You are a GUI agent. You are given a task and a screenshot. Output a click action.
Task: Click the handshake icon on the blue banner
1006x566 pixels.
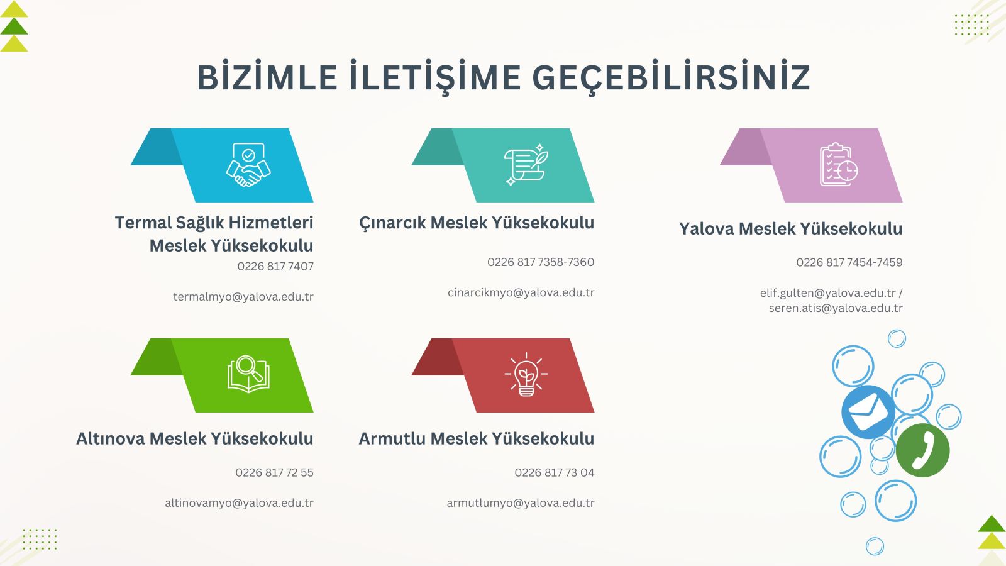coord(248,164)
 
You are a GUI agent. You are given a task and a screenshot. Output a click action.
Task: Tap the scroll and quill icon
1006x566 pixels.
coord(526,165)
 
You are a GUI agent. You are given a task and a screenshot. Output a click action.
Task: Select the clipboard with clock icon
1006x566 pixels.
coord(839,164)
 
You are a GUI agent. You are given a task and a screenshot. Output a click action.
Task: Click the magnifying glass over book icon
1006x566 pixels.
coord(248,374)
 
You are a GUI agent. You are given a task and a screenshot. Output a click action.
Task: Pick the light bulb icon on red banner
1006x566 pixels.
coord(526,375)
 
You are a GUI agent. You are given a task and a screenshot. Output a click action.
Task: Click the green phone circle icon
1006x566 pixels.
coord(922,450)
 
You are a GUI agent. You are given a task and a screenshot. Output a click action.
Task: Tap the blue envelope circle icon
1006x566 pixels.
coord(868,411)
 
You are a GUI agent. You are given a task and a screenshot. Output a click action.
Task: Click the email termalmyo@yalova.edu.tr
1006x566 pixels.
coord(243,297)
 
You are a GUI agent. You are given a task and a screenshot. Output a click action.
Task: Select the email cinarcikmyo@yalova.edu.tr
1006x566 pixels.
coord(521,292)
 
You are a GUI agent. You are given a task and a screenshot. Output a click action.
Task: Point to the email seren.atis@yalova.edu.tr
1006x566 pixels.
coord(836,308)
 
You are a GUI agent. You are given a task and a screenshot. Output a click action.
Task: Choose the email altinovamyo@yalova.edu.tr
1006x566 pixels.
coord(239,503)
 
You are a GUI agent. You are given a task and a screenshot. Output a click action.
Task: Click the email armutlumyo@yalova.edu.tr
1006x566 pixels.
coord(521,503)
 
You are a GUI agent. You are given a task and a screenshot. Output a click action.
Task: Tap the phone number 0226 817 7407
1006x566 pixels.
coord(275,267)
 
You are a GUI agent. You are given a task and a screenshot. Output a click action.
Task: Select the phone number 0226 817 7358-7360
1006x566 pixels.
coord(541,262)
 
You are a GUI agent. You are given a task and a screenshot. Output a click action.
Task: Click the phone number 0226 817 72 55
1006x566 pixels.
coord(274,472)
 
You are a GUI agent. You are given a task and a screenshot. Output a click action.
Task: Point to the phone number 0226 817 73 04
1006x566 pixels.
coord(554,472)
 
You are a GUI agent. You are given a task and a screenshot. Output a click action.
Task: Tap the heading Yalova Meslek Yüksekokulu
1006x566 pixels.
coord(790,229)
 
